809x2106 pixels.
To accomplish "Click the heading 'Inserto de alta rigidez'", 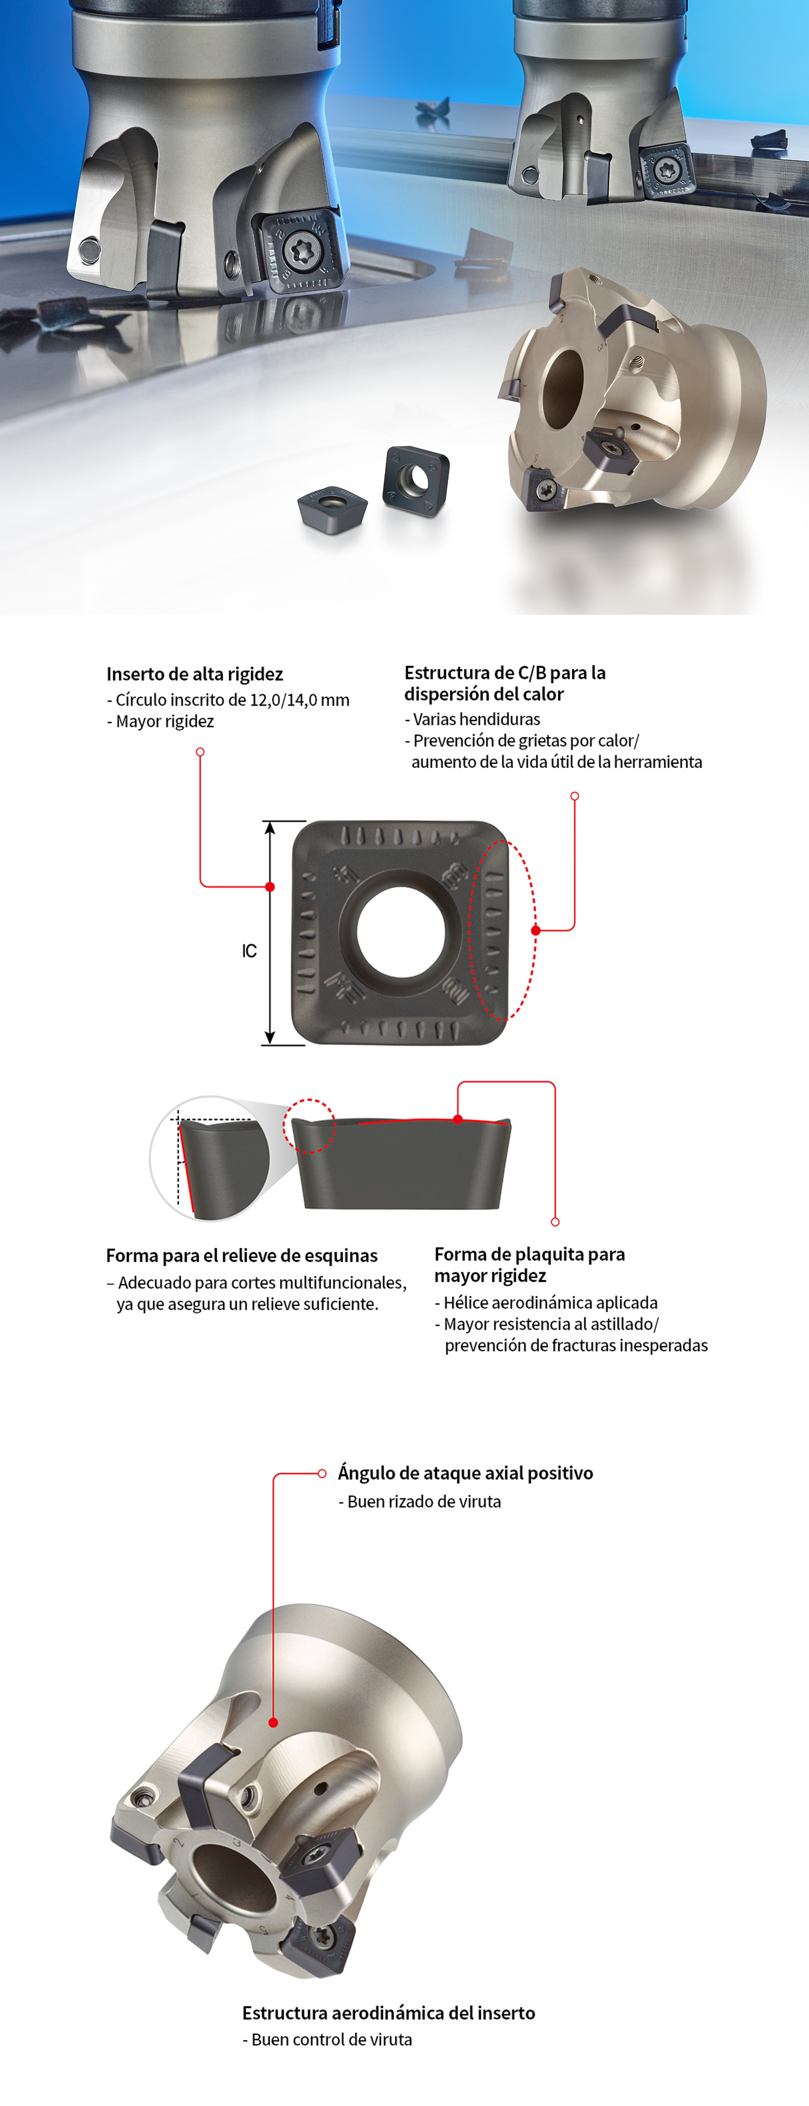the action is click(x=195, y=675).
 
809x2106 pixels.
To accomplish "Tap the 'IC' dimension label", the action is click(x=249, y=951).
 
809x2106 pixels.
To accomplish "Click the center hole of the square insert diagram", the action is click(x=400, y=932).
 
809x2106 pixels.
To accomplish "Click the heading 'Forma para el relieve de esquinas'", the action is click(x=242, y=1256).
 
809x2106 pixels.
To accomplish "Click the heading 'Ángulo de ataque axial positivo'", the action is click(x=466, y=1473).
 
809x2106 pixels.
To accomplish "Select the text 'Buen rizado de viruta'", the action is click(x=424, y=1502).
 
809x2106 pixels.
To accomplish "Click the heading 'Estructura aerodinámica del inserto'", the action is click(x=389, y=2013).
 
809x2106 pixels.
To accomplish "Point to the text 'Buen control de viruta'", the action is click(x=332, y=2040).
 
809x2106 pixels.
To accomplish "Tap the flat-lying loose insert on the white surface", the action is click(x=331, y=506).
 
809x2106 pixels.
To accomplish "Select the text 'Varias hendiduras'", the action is click(x=476, y=719).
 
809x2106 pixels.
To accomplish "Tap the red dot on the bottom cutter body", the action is click(x=274, y=1723).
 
